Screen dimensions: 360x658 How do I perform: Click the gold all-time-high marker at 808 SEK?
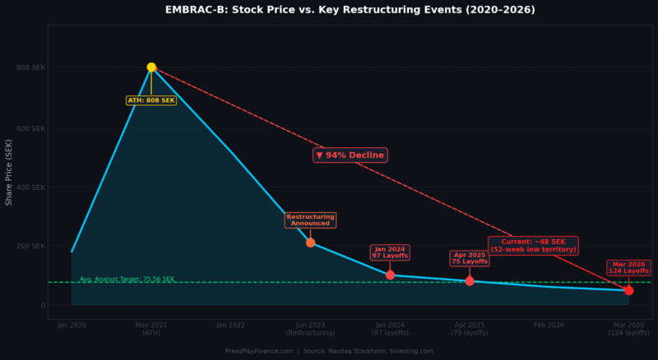[x=151, y=67]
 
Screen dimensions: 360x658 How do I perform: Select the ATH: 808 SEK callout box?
[x=151, y=100]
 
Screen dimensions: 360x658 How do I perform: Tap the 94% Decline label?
[x=350, y=155]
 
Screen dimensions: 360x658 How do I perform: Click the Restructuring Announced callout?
[x=310, y=220]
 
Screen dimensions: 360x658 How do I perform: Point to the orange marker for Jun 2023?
[x=310, y=242]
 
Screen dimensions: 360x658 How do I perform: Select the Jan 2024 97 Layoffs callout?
[x=390, y=252]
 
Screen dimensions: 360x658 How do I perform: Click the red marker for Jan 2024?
[x=390, y=275]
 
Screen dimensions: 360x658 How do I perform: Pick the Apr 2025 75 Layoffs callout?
[x=469, y=258]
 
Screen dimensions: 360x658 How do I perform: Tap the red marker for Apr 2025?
[x=470, y=281]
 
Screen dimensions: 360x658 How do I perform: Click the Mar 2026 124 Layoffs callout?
[x=629, y=268]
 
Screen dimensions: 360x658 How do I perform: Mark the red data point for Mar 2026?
[x=629, y=290]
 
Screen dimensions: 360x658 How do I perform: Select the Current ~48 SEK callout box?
[x=534, y=246]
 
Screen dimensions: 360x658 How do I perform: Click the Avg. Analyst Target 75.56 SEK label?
[x=127, y=279]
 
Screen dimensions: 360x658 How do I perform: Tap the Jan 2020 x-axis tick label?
[x=72, y=325]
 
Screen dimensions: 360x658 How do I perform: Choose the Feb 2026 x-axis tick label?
[x=549, y=325]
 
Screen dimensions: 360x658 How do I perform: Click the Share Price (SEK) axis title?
[x=9, y=173]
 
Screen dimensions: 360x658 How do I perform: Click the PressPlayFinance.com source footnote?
[x=329, y=351]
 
